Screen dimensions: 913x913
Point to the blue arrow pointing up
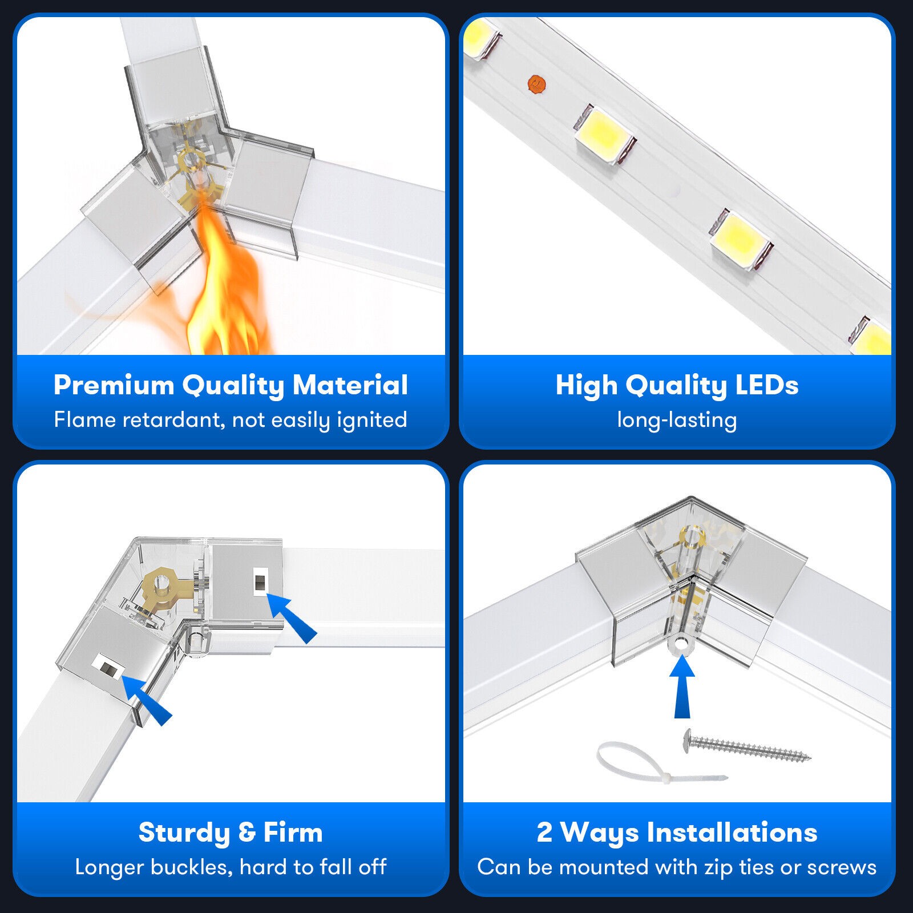682,686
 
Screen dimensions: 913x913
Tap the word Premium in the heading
114,385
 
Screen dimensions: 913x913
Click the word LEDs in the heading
766,385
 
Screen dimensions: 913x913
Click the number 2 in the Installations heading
544,833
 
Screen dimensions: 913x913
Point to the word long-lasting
677,421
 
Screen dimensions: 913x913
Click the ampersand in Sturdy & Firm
247,833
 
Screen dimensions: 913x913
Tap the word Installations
732,833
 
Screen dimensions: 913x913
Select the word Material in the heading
350,385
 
